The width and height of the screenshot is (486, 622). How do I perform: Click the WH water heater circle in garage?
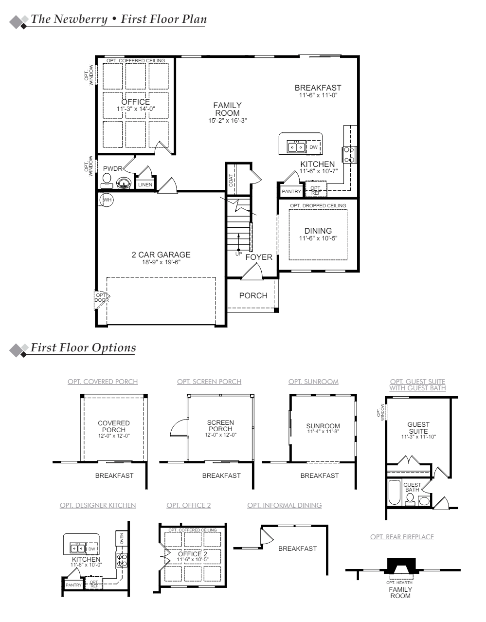point(107,200)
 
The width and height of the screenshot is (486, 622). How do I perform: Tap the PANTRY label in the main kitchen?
point(291,192)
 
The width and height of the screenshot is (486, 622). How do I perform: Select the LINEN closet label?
point(145,185)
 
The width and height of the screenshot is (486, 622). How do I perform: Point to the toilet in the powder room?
point(106,181)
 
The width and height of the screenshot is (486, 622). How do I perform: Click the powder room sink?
point(124,183)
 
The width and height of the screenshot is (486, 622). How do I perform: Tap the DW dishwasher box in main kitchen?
point(313,147)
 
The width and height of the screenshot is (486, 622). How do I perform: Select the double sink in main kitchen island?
point(296,146)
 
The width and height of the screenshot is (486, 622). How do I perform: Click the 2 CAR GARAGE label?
point(161,255)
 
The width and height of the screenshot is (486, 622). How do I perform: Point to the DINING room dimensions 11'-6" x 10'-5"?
point(318,238)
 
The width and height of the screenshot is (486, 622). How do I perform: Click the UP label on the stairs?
point(238,254)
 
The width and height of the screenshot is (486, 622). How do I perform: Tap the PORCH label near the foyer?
point(253,295)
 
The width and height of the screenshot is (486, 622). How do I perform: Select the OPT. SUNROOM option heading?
point(313,382)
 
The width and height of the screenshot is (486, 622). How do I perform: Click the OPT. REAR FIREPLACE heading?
point(402,537)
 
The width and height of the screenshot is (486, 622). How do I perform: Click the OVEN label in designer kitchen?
point(122,538)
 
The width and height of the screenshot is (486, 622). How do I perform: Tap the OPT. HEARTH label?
point(399,583)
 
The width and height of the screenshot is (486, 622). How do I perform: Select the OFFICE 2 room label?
point(192,554)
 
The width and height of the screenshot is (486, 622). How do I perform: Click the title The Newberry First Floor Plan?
point(119,19)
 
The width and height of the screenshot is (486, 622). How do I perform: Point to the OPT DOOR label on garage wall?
point(102,297)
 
